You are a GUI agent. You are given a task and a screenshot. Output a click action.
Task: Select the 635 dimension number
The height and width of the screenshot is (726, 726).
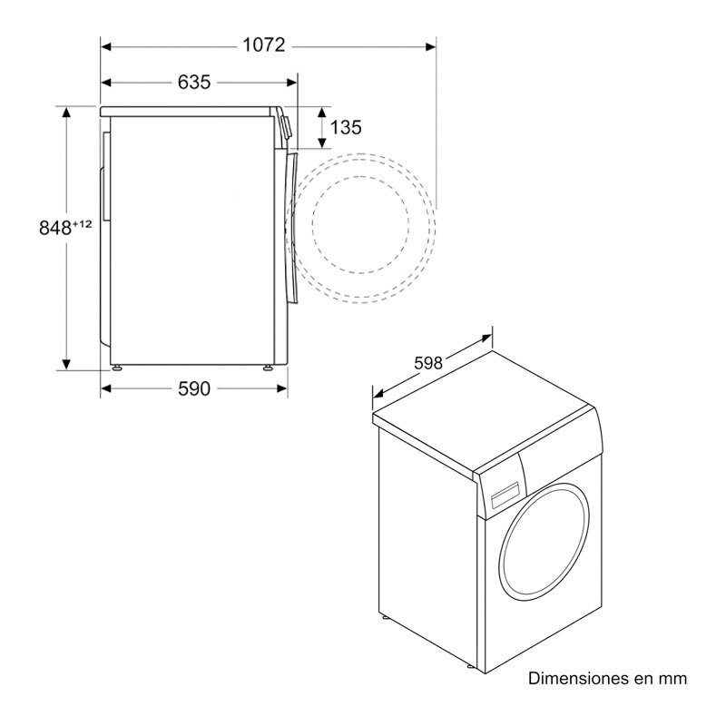point(193,83)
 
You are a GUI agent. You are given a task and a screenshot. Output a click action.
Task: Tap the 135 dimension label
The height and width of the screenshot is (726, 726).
point(345,128)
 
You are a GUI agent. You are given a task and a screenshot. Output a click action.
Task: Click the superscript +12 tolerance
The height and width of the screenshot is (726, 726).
point(82,223)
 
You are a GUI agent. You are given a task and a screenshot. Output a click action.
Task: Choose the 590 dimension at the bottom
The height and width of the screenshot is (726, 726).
point(193,389)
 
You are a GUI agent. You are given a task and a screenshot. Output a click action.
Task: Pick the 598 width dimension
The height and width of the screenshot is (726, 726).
point(427,363)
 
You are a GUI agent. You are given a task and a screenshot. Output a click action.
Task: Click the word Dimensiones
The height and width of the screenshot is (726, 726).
point(580,678)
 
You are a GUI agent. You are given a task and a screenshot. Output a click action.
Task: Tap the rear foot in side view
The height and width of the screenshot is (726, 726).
point(116,368)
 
